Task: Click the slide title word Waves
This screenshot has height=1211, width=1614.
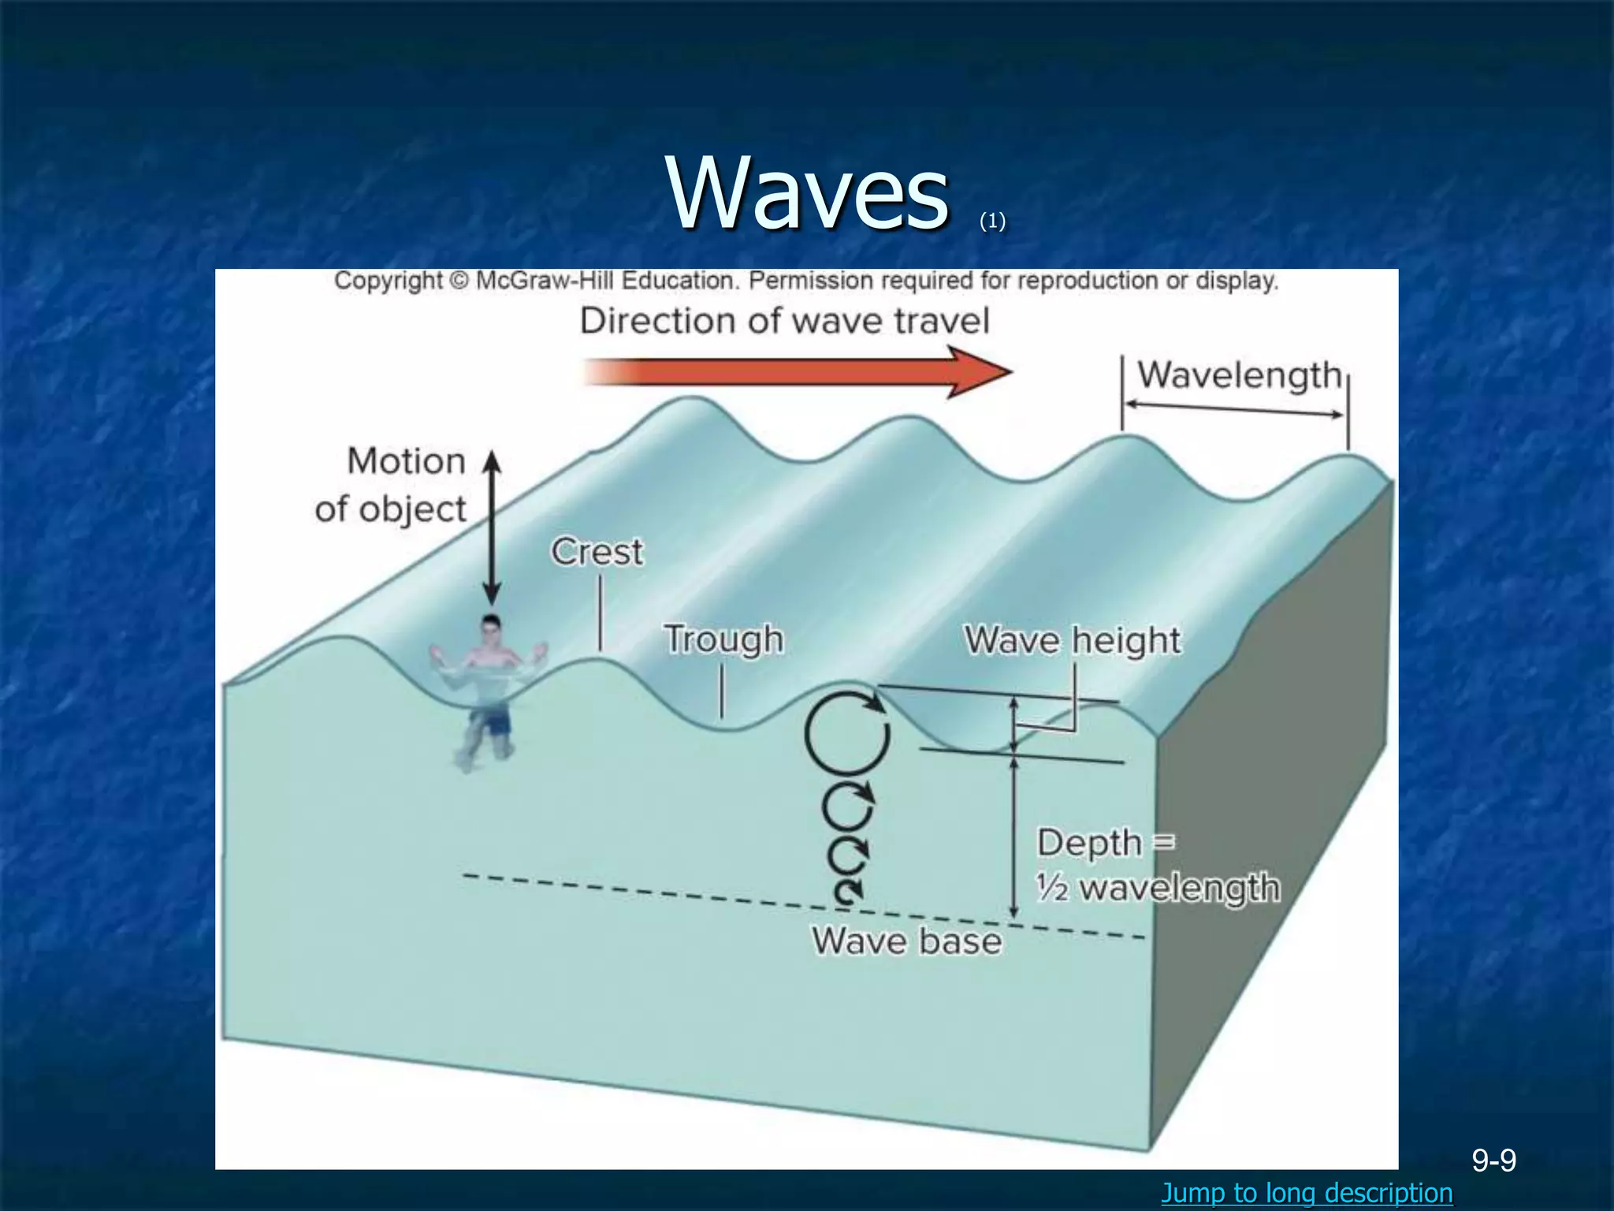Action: [x=807, y=193]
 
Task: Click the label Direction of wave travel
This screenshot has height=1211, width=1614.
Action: [x=784, y=322]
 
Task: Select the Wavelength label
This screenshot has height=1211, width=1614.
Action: [x=1239, y=375]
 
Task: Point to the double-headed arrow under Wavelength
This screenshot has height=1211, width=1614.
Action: [x=1234, y=409]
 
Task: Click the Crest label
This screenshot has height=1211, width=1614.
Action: [x=597, y=552]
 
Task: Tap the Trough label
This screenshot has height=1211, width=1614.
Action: [x=723, y=639]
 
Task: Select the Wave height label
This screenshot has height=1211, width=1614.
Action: [x=1073, y=640]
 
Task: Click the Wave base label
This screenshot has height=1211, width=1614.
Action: [x=906, y=941]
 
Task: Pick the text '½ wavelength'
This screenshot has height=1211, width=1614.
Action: [x=1158, y=889]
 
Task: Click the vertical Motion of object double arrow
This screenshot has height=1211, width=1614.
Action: [x=492, y=528]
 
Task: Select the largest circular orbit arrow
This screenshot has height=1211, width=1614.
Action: [x=846, y=734]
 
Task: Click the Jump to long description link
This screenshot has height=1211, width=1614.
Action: [x=1307, y=1192]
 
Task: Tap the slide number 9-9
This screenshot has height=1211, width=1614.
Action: [x=1494, y=1160]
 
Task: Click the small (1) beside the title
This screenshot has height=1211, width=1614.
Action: [x=992, y=222]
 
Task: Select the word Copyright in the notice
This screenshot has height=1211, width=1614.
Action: [x=389, y=281]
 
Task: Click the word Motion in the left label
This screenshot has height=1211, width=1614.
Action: [x=407, y=461]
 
